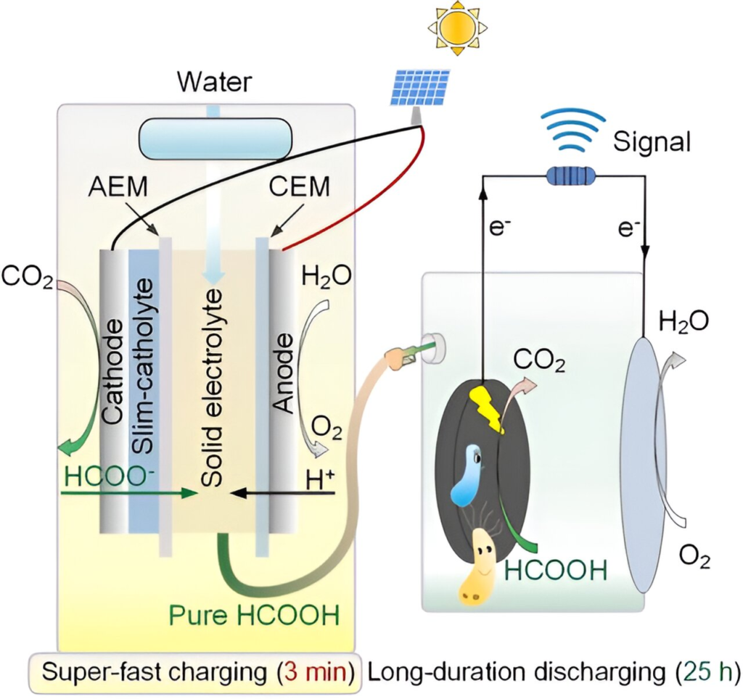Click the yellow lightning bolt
[487, 407]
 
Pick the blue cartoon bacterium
[465, 474]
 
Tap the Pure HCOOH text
[254, 616]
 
